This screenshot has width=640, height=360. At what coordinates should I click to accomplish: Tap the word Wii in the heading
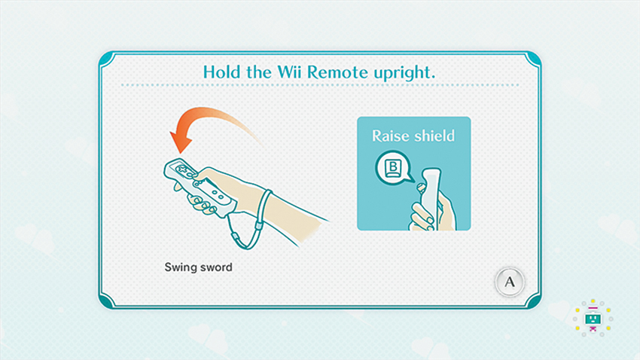click(x=289, y=72)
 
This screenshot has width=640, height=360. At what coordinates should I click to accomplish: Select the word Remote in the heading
click(x=337, y=72)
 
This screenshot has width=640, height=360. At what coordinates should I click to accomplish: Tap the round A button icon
click(x=510, y=282)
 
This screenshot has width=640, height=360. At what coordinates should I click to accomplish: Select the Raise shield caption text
click(x=413, y=136)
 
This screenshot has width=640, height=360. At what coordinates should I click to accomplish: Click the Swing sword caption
click(x=198, y=267)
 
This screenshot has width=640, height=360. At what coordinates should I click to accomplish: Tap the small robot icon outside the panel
click(x=593, y=319)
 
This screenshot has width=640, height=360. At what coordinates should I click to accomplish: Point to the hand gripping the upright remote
click(x=432, y=212)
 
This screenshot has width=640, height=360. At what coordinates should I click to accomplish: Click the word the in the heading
click(x=258, y=72)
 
